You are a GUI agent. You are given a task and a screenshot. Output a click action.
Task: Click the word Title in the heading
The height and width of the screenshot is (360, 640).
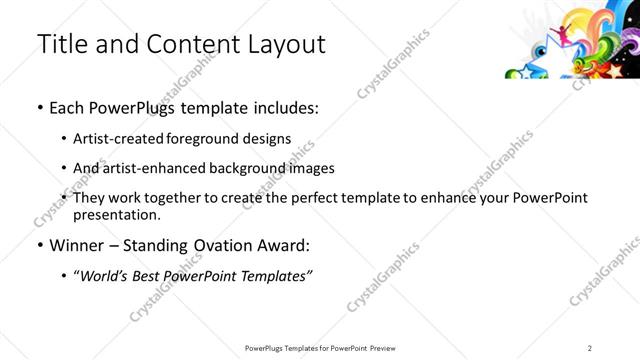click(59, 44)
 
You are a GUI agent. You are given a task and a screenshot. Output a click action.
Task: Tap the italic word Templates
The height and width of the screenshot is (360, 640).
click(277, 275)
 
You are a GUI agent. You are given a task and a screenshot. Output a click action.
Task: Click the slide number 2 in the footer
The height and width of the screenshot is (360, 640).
click(591, 347)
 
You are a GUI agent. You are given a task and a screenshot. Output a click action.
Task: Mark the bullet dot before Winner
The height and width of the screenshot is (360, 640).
click(39, 246)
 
